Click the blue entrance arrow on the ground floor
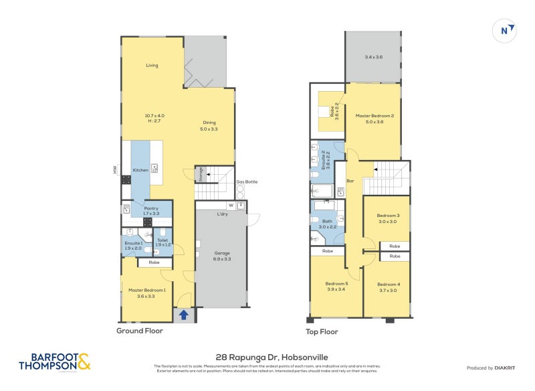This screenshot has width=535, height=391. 184,314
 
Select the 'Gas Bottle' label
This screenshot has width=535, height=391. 246,182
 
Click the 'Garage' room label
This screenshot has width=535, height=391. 222,253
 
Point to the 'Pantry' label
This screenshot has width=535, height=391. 152,209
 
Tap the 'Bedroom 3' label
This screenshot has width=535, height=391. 388,216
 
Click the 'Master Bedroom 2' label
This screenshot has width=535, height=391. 374,116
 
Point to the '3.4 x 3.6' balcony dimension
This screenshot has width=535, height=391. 374,58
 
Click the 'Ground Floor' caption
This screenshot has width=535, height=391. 139,331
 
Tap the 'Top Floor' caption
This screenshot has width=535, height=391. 322,331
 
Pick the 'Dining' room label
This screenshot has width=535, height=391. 209,122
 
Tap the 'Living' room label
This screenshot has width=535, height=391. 152,66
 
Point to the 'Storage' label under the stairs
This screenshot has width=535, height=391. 200,174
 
